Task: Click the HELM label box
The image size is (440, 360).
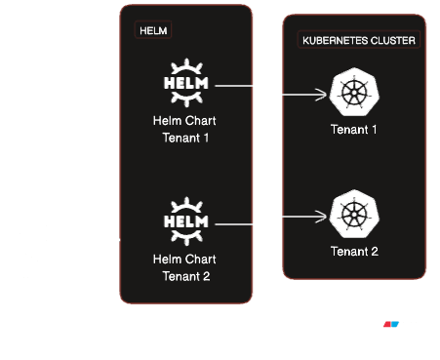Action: click(x=153, y=30)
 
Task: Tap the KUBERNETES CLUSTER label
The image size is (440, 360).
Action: click(x=359, y=40)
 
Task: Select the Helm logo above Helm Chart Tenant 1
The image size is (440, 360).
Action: click(x=186, y=83)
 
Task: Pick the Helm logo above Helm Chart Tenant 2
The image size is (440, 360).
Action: click(x=186, y=221)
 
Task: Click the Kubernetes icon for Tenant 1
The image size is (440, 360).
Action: click(x=354, y=92)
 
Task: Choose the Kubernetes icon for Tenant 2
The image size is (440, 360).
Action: click(x=354, y=214)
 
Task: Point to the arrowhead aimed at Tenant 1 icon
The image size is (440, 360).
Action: click(x=321, y=95)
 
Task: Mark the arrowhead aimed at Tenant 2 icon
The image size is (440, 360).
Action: click(x=321, y=217)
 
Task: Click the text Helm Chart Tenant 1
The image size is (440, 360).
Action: click(x=184, y=129)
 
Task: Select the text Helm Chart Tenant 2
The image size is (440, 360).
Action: click(x=184, y=267)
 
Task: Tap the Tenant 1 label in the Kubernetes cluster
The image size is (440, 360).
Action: click(x=354, y=130)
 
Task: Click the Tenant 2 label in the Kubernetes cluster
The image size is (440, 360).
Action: click(x=354, y=252)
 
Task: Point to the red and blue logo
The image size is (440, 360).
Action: click(x=391, y=324)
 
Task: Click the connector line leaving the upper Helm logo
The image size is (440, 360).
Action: click(x=234, y=86)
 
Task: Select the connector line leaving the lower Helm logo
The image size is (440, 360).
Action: click(x=234, y=224)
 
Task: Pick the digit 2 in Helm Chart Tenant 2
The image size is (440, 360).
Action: click(x=206, y=276)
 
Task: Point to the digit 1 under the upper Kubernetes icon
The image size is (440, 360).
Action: click(x=374, y=130)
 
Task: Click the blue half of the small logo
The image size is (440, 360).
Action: click(x=395, y=324)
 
